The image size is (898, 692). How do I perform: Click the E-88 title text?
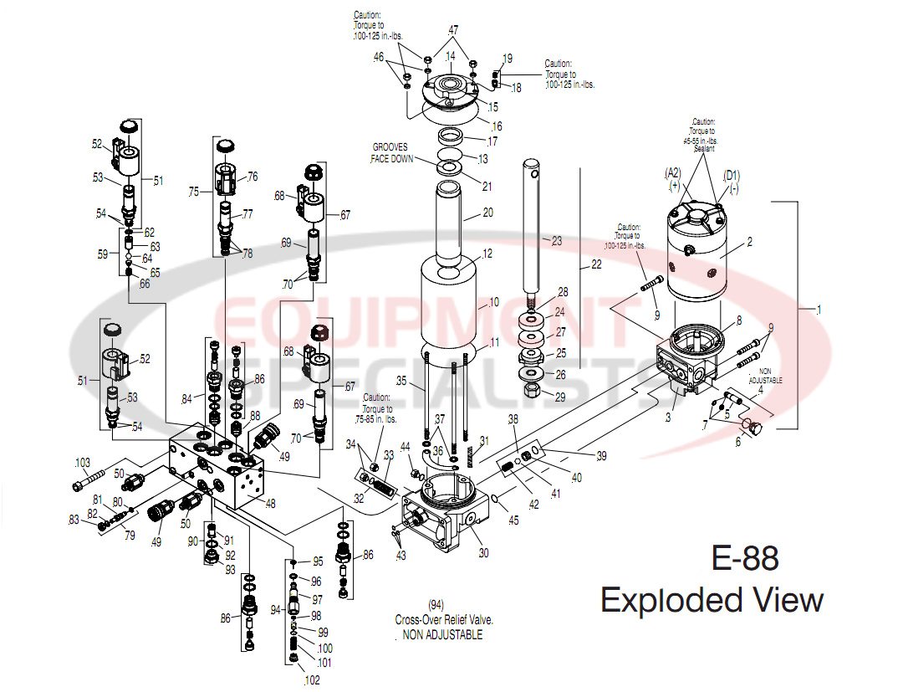pos(744,558)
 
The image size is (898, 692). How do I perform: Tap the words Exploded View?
pos(712,600)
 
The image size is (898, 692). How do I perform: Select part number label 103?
pos(83,463)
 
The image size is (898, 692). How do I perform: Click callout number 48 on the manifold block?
pos(270,503)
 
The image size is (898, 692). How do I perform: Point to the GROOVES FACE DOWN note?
pos(390,152)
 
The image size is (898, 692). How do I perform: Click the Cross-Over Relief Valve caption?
pos(444,620)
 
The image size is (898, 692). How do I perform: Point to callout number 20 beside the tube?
pos(487,213)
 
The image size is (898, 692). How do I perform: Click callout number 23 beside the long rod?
pos(556,239)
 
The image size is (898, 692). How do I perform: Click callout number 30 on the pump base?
pos(484,553)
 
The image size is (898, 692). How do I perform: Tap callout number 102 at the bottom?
pos(311,680)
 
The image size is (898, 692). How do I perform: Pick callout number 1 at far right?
pos(819,310)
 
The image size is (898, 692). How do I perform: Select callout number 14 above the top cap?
pos(449,56)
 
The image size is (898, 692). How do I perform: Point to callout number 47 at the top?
pos(452,29)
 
